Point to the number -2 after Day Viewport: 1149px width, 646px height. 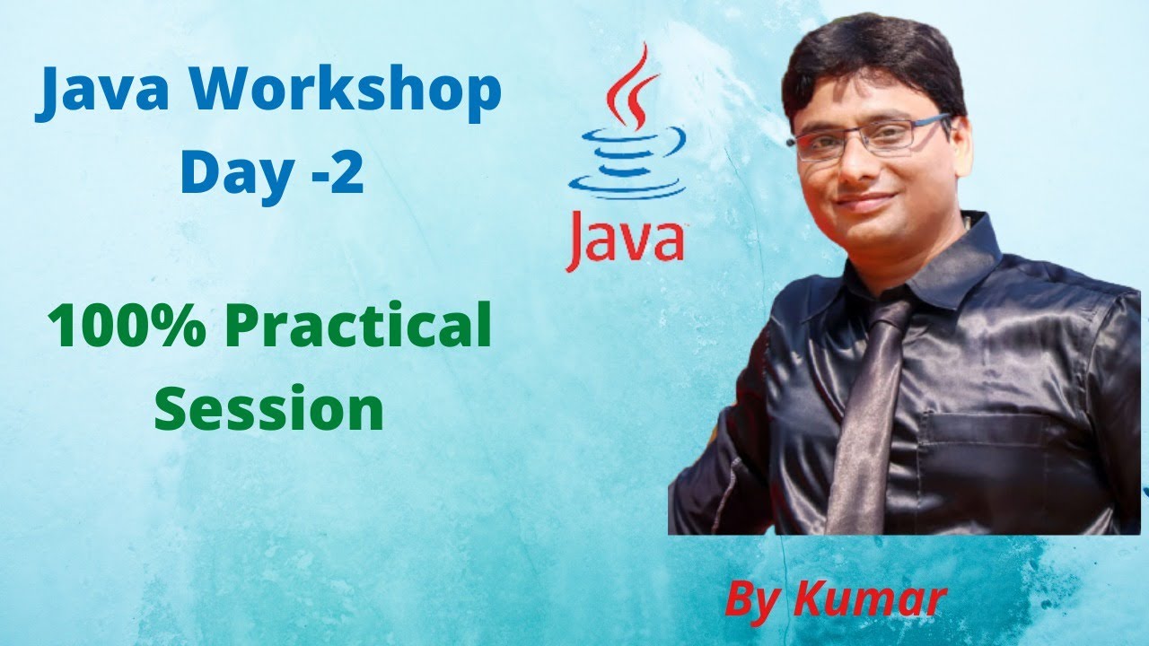tap(333, 172)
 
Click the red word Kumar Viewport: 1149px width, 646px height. tap(869, 599)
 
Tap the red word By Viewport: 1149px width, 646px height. tap(752, 600)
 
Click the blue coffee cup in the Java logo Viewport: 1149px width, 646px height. tap(627, 161)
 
